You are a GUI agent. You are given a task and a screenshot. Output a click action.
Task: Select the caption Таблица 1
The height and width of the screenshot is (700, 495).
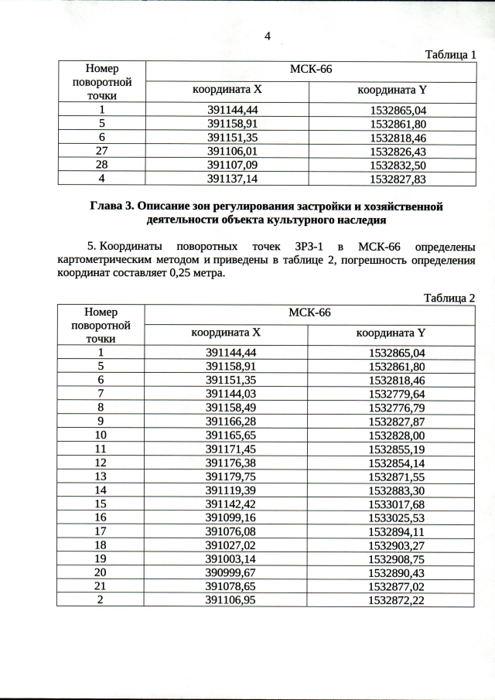click(x=451, y=54)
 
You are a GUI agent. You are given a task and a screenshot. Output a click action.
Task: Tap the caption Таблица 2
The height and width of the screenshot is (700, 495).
click(x=450, y=298)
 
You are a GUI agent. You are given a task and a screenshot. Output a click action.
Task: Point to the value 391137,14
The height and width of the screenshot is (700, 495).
click(x=232, y=179)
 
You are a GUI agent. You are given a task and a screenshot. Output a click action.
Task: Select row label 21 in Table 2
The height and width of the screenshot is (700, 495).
click(x=101, y=586)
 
